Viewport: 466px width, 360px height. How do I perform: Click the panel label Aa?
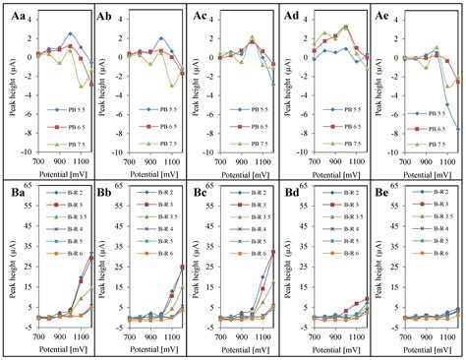pos(15,15)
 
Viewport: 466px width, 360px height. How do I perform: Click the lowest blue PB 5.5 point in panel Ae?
pos(457,129)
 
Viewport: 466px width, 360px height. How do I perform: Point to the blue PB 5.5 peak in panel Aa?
pos(71,33)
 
